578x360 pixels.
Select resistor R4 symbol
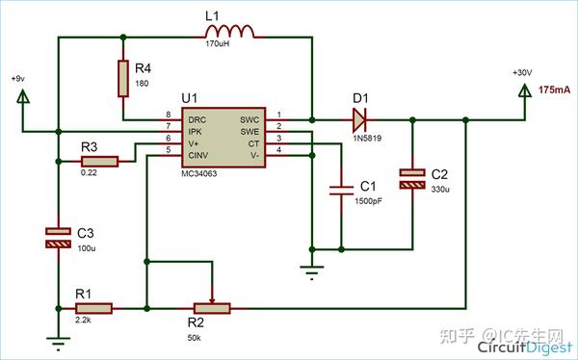(123, 78)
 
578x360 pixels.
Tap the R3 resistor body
(98, 161)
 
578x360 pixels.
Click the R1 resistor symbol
(93, 308)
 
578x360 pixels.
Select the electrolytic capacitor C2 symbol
(412, 179)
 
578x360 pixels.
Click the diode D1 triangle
(359, 119)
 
